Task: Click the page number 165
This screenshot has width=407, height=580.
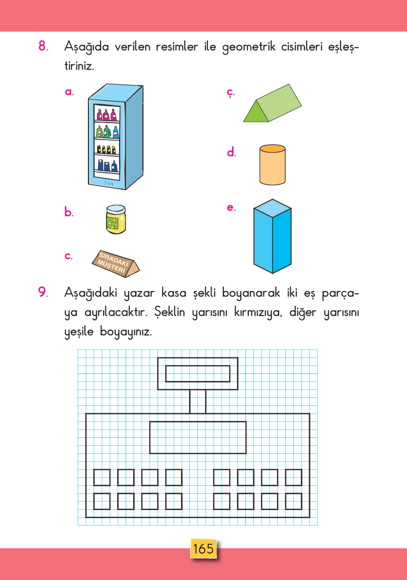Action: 203,548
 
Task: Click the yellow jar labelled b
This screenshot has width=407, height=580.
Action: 116,219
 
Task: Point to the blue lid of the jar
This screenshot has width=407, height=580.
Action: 116,209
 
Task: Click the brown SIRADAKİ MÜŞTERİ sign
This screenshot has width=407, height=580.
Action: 116,263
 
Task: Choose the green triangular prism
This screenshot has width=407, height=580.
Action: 272,103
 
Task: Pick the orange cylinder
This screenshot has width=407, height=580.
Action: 272,165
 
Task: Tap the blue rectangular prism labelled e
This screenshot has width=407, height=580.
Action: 272,236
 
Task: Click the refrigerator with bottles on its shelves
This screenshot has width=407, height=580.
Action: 116,136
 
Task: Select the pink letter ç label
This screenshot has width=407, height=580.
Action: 231,93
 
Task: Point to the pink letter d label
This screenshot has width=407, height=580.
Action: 231,152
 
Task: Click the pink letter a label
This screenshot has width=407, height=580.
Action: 69,92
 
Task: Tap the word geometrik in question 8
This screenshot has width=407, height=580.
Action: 249,47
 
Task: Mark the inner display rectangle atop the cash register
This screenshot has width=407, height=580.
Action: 198,374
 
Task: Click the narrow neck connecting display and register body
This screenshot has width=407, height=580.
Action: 198,402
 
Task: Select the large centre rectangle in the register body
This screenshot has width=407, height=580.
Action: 198,438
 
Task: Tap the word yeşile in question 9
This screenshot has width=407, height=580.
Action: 79,332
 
